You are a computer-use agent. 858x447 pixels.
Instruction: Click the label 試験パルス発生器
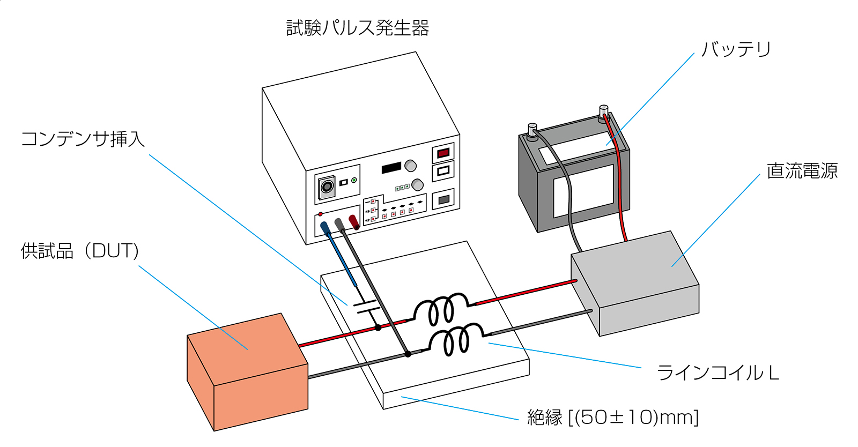click(x=358, y=28)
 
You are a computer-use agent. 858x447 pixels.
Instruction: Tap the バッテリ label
click(x=735, y=49)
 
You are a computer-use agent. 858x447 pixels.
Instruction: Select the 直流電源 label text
click(x=802, y=170)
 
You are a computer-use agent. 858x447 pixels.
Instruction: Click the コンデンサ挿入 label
click(x=83, y=138)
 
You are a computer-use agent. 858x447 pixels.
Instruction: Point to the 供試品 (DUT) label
click(x=80, y=251)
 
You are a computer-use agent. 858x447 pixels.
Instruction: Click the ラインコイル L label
click(x=718, y=372)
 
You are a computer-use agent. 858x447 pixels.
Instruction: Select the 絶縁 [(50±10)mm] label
click(x=613, y=417)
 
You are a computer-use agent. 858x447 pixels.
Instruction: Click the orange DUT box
click(x=247, y=372)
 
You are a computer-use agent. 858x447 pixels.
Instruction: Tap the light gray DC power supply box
click(x=635, y=283)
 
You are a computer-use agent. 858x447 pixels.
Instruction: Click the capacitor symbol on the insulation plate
click(x=367, y=307)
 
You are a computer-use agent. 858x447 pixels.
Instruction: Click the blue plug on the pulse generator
click(x=325, y=228)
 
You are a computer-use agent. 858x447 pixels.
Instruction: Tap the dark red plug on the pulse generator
click(x=353, y=222)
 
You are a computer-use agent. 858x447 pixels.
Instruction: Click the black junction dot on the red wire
click(x=378, y=327)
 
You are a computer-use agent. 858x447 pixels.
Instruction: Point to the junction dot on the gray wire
click(x=408, y=354)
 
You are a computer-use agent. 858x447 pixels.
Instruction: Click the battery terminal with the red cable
click(x=604, y=111)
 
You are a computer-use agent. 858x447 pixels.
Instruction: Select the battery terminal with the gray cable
click(x=532, y=130)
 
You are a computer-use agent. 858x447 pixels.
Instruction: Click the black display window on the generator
click(x=391, y=168)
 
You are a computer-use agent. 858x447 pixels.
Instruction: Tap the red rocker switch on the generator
click(x=443, y=153)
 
